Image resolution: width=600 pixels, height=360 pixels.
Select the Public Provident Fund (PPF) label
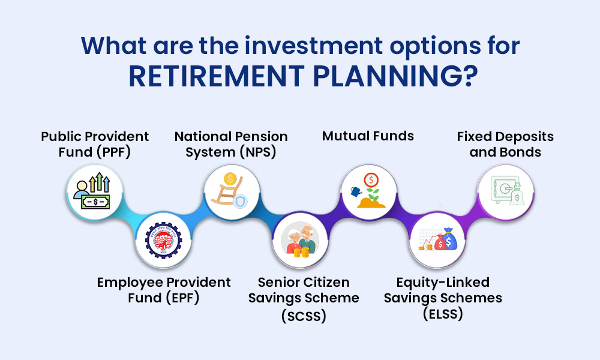point(95,144)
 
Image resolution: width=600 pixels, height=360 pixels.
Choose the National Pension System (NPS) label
point(231,144)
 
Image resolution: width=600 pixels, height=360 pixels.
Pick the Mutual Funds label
point(368,136)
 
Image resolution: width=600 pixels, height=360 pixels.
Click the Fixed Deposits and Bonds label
point(505,144)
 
